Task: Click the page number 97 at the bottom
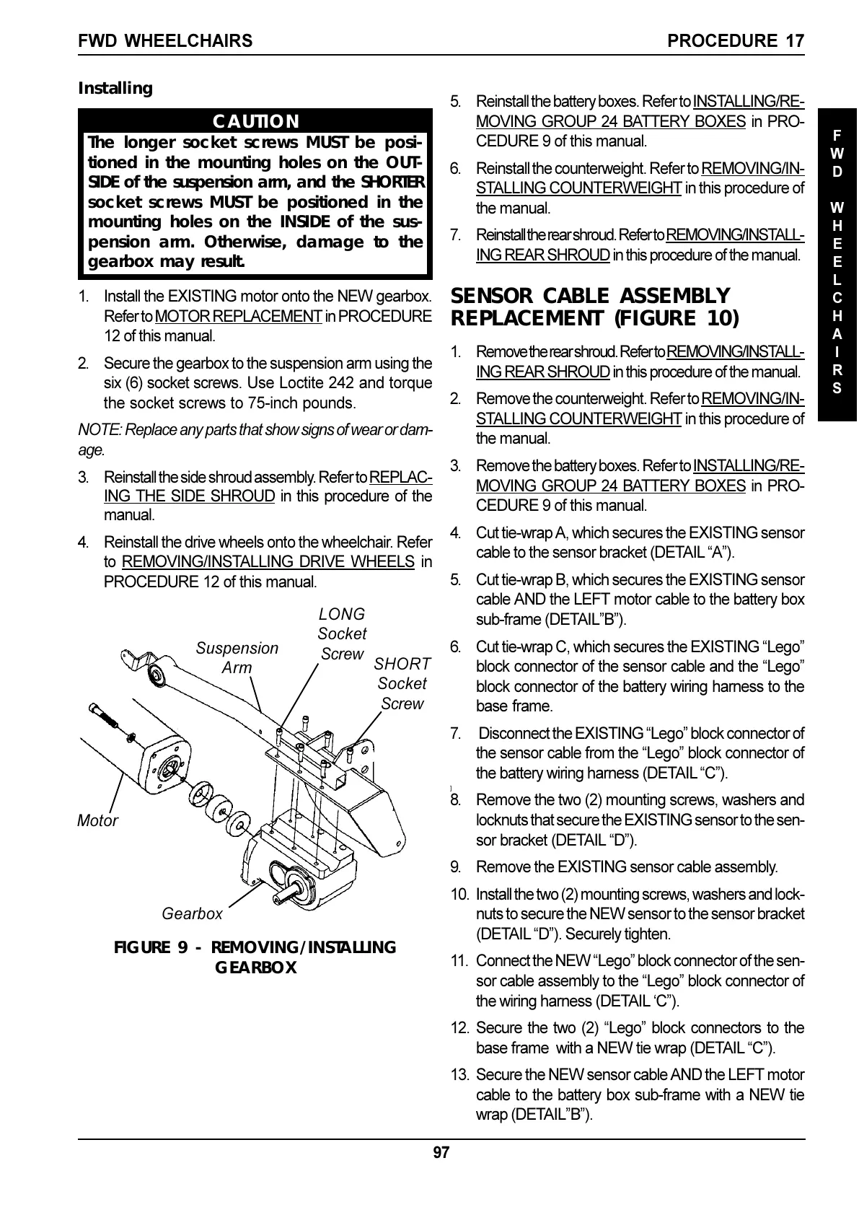[x=441, y=1152]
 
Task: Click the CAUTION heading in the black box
[x=255, y=121]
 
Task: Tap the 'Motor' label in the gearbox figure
[x=97, y=820]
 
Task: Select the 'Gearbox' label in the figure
[x=192, y=913]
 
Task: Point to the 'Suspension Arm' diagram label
[x=237, y=658]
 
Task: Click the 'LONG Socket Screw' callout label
[x=342, y=633]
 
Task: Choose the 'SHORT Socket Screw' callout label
[x=402, y=683]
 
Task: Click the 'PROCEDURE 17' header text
[x=736, y=41]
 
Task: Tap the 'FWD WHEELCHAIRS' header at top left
[x=165, y=41]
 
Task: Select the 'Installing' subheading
[x=115, y=89]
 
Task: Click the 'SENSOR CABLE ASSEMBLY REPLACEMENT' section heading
[x=594, y=307]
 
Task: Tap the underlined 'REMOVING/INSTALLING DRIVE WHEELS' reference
[x=268, y=561]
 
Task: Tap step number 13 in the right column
[x=459, y=1075]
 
